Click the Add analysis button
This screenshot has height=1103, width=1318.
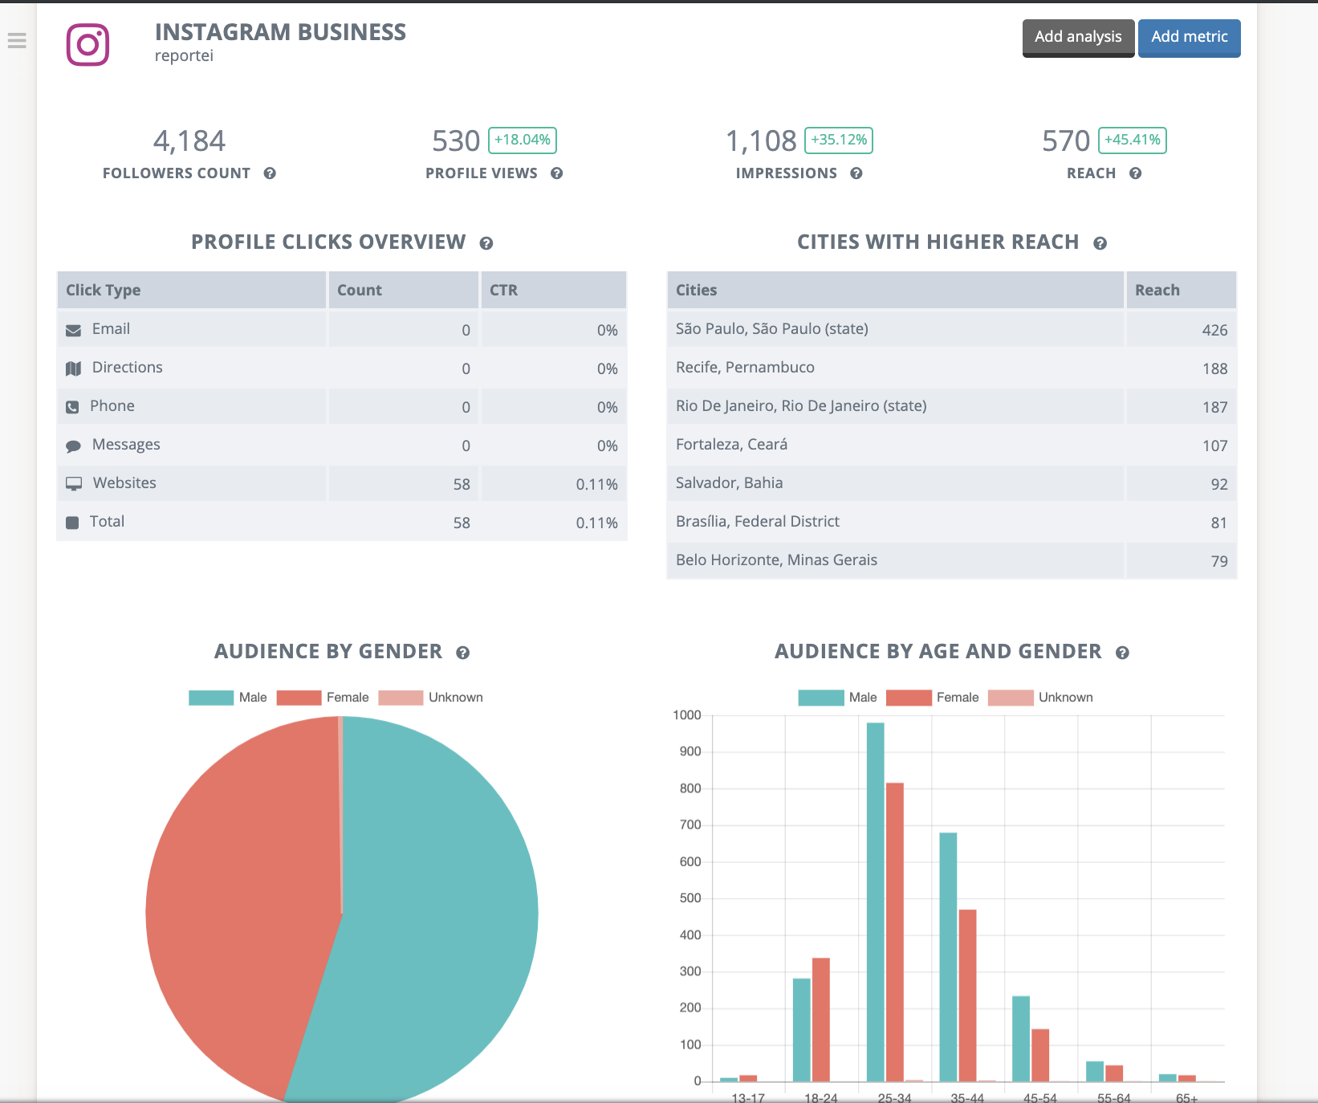tap(1078, 38)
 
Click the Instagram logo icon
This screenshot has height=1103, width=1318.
tap(87, 45)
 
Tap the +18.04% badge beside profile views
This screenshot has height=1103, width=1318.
tap(522, 140)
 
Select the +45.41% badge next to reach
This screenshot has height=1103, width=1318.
tap(1132, 140)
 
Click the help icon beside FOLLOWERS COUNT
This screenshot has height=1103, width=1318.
tap(270, 173)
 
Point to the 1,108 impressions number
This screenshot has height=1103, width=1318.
tap(761, 141)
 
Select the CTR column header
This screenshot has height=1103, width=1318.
tap(504, 291)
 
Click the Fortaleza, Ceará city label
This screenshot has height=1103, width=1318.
tap(731, 445)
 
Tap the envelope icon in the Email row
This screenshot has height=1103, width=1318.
tap(73, 330)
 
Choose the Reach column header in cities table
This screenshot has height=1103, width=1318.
tap(1157, 291)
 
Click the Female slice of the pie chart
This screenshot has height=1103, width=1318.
tap(241, 899)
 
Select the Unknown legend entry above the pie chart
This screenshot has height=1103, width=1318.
tap(431, 698)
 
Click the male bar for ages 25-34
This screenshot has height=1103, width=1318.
tap(875, 899)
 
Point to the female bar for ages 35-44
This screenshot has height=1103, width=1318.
tap(967, 995)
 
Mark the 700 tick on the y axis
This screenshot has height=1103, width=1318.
tap(690, 824)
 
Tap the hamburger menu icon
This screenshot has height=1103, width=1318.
tap(17, 40)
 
